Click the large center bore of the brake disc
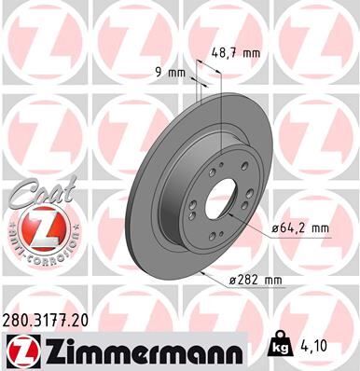point(222,204)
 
